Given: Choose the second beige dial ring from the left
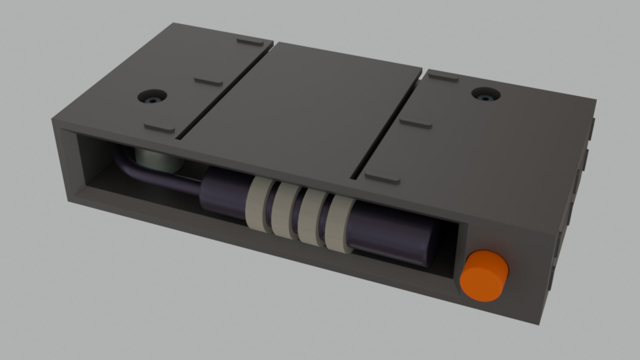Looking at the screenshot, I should (x=282, y=211).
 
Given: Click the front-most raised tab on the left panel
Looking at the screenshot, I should (x=159, y=128).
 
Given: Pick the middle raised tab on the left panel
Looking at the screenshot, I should (x=209, y=82).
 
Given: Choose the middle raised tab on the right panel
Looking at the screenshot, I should (x=416, y=122).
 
